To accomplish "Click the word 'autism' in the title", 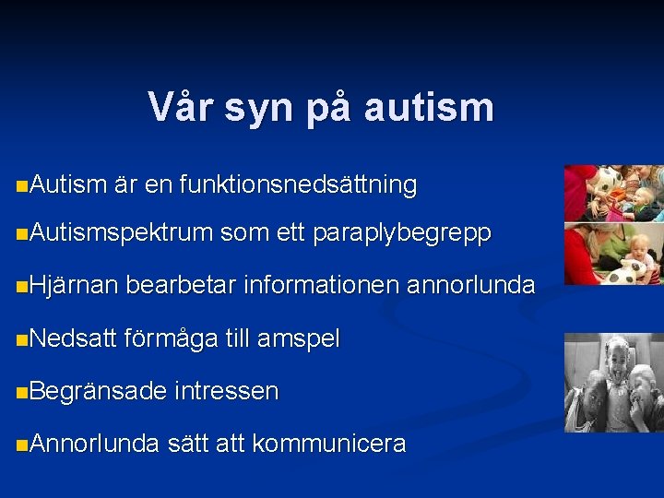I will coord(429,108).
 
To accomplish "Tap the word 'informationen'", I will coord(318,286).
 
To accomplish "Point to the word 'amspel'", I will coord(299,338).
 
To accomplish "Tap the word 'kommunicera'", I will coord(328,444).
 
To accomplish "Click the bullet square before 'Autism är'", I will coord(21,186).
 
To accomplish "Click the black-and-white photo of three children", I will coord(613,382).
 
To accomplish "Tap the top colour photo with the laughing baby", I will coord(613,193).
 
